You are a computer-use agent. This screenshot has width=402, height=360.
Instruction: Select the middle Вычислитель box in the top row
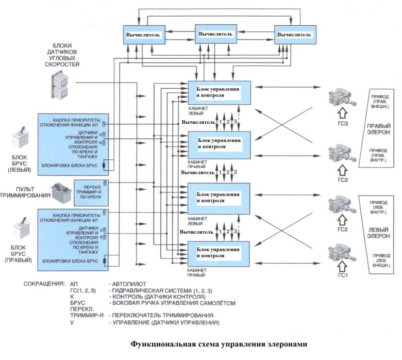pos(214,34)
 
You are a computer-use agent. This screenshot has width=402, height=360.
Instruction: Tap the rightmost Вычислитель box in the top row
pos(293,35)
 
